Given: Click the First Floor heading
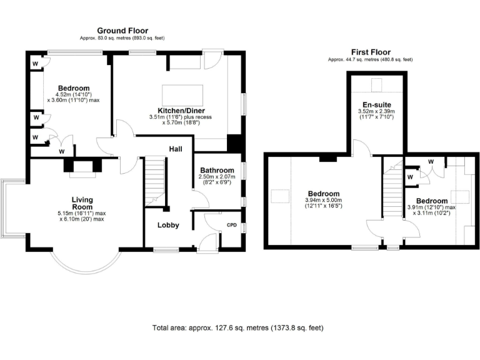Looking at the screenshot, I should click(370, 52).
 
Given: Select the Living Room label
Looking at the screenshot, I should click(82, 203).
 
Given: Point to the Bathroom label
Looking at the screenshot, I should click(217, 170).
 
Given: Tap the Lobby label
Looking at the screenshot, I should click(169, 225).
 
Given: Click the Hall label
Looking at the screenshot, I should click(176, 149).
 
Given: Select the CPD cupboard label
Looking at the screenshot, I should click(231, 225).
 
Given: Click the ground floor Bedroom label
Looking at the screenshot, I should click(74, 88).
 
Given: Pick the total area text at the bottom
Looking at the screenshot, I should click(238, 327).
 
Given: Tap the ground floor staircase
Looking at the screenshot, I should click(156, 181).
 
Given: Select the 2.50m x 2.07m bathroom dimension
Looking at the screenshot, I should click(217, 177).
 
